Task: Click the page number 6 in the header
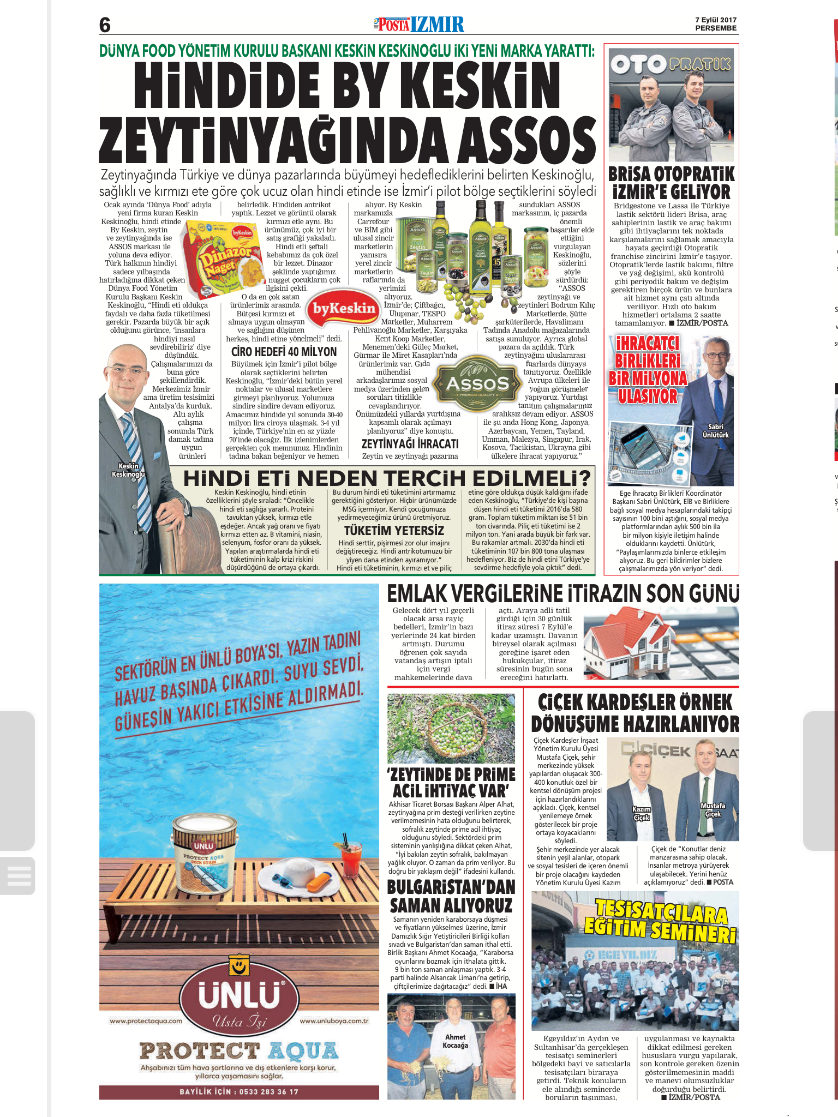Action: point(105,25)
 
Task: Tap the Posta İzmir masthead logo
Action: point(419,25)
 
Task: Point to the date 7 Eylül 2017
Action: point(715,20)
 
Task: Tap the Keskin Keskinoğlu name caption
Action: point(128,470)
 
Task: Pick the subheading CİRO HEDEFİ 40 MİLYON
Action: point(284,352)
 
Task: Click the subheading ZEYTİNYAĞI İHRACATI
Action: point(410,444)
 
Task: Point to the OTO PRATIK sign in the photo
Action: point(671,64)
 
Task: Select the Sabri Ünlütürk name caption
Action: point(715,431)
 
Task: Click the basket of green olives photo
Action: point(451,728)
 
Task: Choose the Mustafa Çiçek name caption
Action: point(713,810)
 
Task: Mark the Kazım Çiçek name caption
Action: point(642,814)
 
